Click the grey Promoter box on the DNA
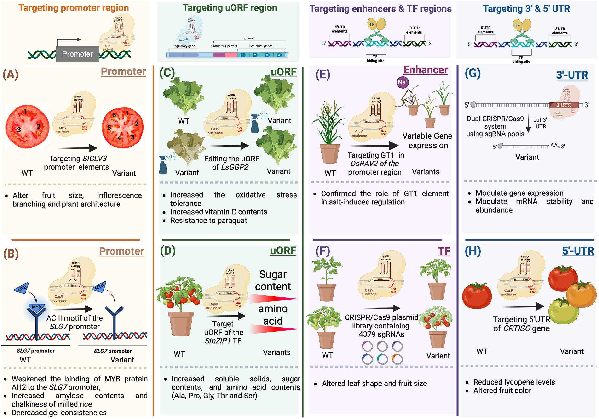pyautogui.click(x=77, y=54)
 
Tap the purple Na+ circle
pyautogui.click(x=403, y=82)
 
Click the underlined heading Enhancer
pyautogui.click(x=426, y=70)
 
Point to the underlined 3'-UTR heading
pyautogui.click(x=572, y=75)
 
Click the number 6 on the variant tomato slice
pyautogui.click(x=114, y=115)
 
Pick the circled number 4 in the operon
pyautogui.click(x=279, y=55)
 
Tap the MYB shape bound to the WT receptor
pyautogui.click(x=36, y=307)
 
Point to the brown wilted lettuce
pyautogui.click(x=186, y=145)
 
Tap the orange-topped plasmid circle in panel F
pyautogui.click(x=397, y=359)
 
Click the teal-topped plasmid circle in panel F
pyautogui.click(x=382, y=359)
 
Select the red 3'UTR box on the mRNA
pyautogui.click(x=564, y=105)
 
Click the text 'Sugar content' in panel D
pyautogui.click(x=273, y=280)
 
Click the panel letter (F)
pyautogui.click(x=323, y=251)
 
